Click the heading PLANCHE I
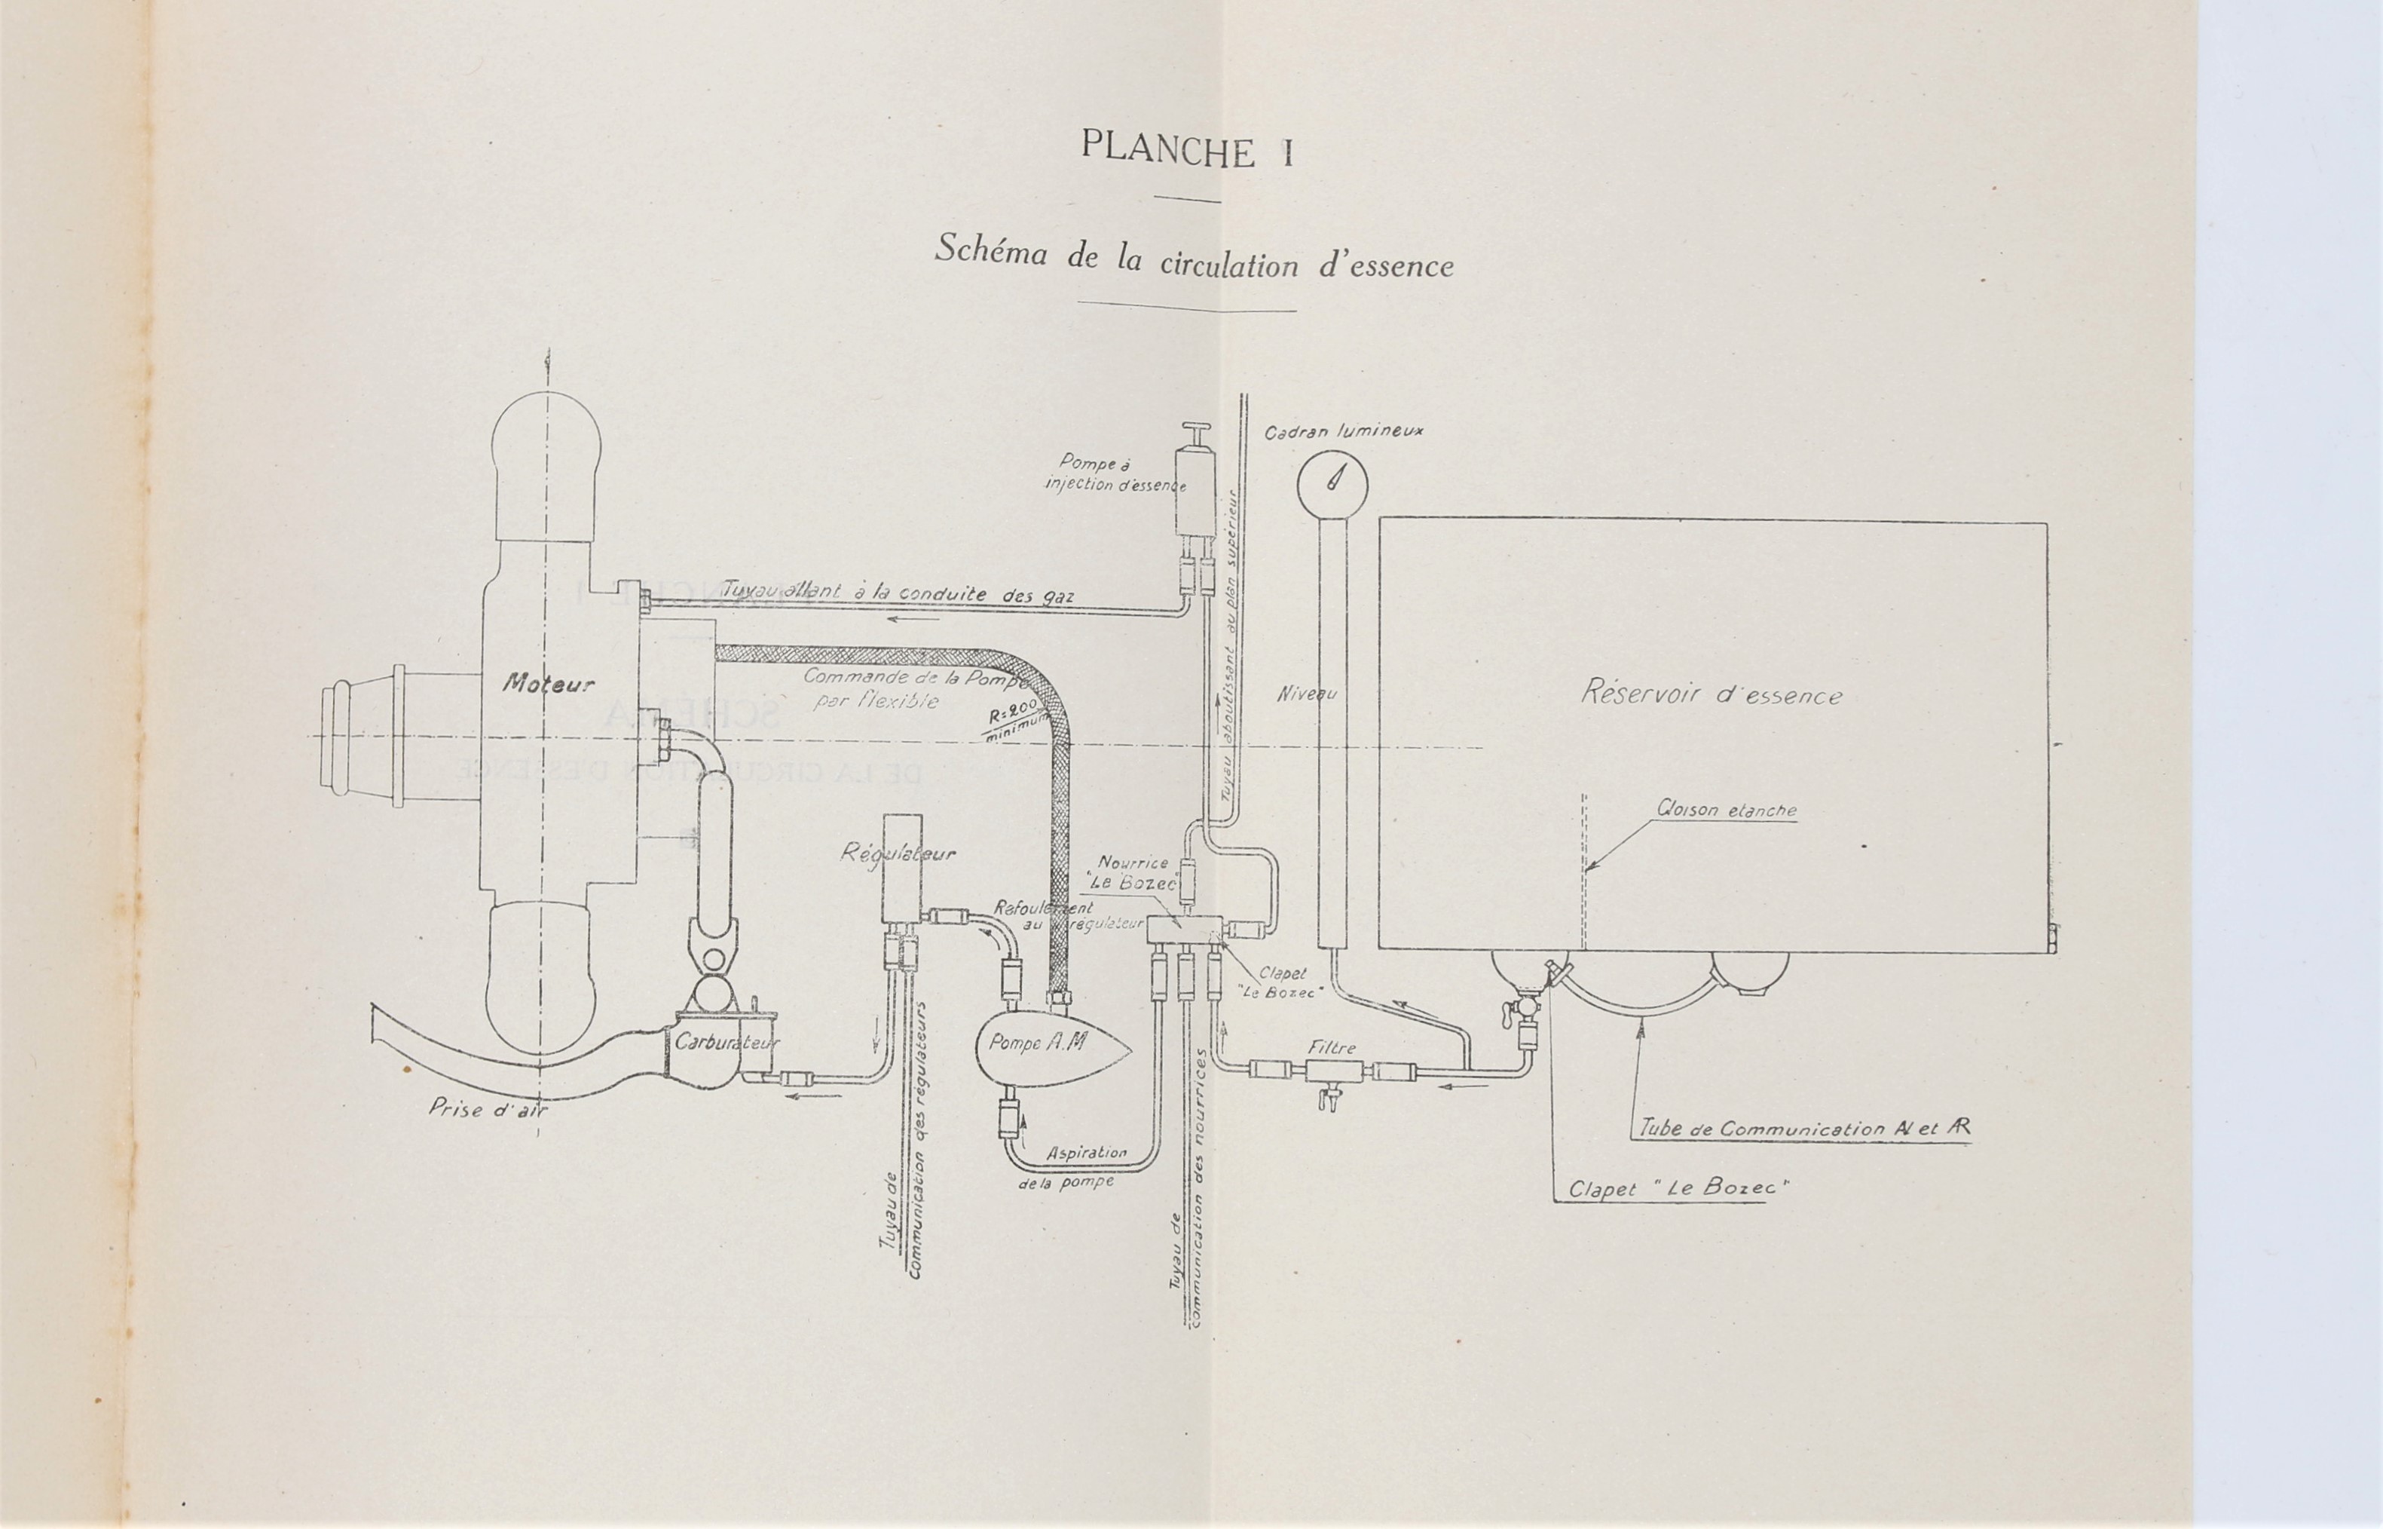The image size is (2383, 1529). tap(1187, 150)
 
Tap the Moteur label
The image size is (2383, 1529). tap(548, 683)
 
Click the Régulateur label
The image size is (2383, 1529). tap(898, 854)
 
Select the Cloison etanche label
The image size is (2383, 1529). tap(1726, 810)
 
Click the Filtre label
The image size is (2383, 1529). tap(1331, 1047)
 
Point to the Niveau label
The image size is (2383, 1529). tap(1306, 694)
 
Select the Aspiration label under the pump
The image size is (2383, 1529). tap(1087, 1153)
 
